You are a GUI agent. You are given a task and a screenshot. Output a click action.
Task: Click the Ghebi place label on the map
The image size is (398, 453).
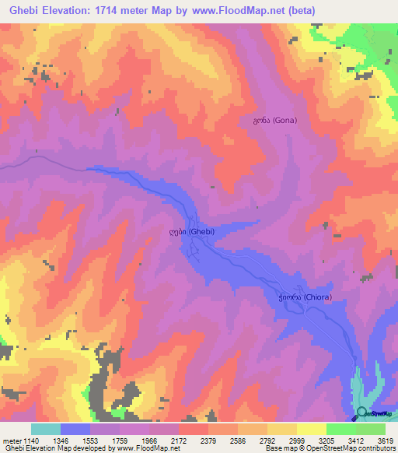click(191, 231)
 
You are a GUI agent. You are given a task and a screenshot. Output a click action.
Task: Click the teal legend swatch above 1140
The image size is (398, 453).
click(45, 429)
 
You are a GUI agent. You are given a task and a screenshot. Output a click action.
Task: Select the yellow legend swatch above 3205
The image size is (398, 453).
click(311, 429)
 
